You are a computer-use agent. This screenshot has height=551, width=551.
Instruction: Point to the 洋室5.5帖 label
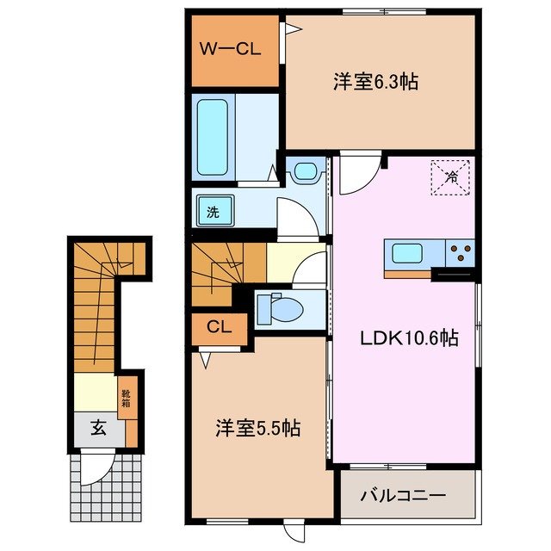pos(257,427)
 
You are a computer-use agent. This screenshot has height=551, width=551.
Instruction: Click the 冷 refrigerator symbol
pos(451,179)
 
